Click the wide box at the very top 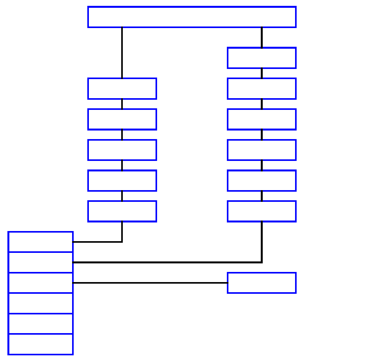192,17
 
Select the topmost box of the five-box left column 122,88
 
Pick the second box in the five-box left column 122,119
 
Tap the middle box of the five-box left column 122,150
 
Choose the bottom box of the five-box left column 122,211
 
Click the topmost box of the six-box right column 262,58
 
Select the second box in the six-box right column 262,88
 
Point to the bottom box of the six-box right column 262,211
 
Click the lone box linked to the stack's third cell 262,283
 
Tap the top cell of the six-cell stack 41,242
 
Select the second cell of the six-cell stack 41,263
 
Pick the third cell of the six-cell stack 41,283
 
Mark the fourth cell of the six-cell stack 41,303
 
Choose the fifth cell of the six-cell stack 41,324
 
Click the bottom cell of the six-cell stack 41,344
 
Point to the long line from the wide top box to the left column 122,53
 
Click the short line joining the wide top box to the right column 262,37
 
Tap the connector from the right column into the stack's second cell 168,263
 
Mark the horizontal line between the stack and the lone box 150,283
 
